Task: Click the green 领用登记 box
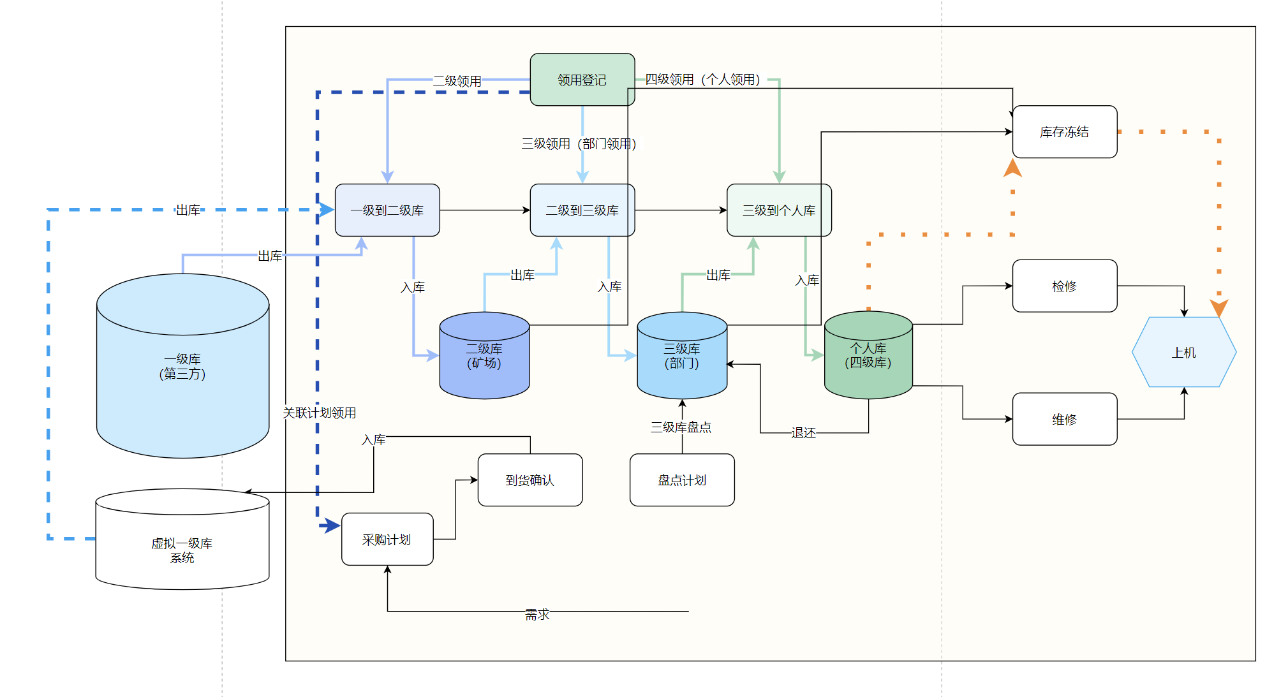pos(582,80)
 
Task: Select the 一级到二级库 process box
pos(387,210)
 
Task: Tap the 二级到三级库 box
pos(582,210)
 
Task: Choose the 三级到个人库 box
pos(778,210)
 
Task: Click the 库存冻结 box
pos(1064,132)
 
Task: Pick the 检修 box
pos(1064,286)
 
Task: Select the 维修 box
pos(1064,419)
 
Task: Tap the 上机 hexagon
pos(1183,352)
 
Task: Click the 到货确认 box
pos(529,480)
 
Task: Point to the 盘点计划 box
pos(681,480)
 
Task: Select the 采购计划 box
pos(387,539)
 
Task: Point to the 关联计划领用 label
pos(319,413)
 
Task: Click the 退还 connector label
pos(803,433)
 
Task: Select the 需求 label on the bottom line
pos(537,614)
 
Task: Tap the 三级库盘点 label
pos(681,427)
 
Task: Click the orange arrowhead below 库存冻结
pos(1012,168)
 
